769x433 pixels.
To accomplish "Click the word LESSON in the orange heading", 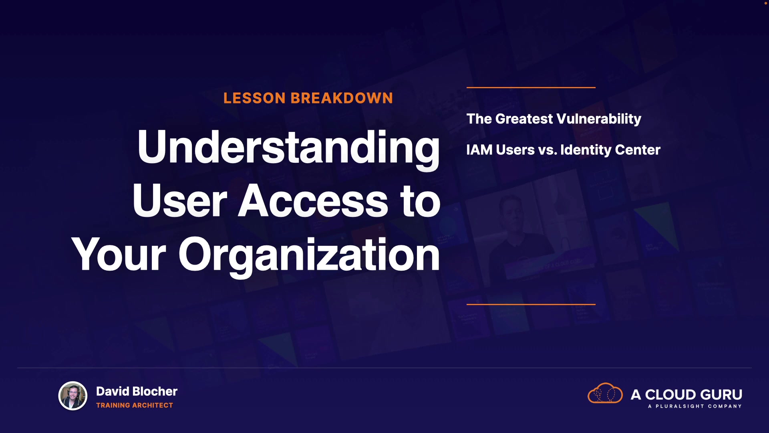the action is [254, 98].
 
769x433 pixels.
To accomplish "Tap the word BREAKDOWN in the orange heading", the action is [342, 98].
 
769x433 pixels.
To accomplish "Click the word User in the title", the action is [180, 200].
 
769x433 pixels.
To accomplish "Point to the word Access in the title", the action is [313, 200].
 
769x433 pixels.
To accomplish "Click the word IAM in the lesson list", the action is [479, 150].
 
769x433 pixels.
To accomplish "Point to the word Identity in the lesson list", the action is [586, 150].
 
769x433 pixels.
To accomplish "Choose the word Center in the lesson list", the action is [638, 150].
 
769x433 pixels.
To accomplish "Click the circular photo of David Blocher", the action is [73, 396].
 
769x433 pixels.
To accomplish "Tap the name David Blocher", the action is [137, 391].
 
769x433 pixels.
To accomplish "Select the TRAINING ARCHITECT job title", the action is [135, 405].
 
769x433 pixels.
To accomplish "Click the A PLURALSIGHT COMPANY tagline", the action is [695, 406].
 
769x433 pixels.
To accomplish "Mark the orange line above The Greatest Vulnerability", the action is [531, 87].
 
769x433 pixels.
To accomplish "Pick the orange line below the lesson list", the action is [531, 304].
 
